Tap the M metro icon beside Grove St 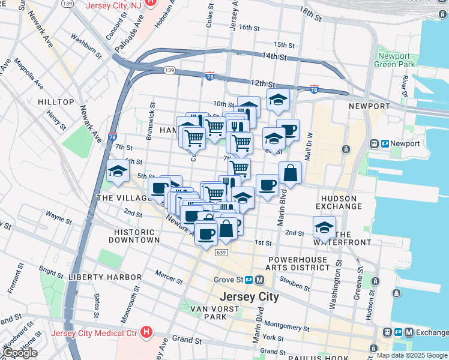pos(259,280)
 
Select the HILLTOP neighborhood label pos(56,103)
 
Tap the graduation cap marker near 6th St pos(118,172)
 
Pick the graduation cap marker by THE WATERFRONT pos(324,227)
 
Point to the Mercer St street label pos(168,277)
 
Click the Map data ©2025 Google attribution pos(412,355)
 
